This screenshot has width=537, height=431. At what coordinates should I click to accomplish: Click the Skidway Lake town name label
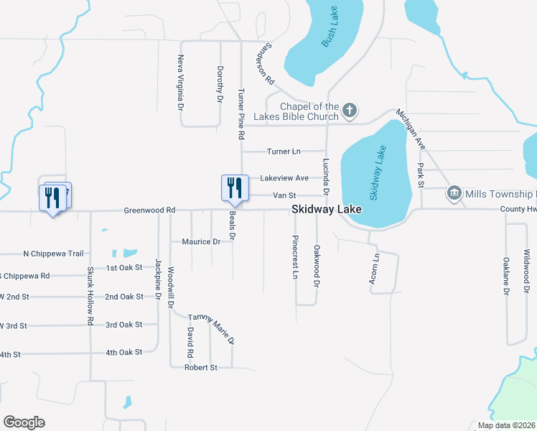[327, 210]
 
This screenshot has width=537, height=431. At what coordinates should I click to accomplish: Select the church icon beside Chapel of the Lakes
[350, 111]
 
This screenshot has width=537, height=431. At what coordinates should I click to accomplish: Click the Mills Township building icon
[454, 193]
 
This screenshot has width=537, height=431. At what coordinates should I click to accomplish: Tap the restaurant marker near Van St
[234, 189]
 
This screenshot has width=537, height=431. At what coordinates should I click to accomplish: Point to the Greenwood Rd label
[149, 210]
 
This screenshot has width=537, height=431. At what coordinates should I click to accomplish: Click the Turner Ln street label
[284, 152]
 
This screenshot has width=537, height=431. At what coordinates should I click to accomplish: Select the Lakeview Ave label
[284, 178]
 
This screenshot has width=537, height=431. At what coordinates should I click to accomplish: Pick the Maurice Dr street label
[201, 242]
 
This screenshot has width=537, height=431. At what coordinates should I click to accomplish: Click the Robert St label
[201, 368]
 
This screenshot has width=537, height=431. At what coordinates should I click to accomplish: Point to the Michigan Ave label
[411, 129]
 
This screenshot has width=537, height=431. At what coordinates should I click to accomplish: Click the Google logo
[23, 422]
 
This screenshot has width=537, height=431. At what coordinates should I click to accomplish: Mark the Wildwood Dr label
[526, 266]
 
